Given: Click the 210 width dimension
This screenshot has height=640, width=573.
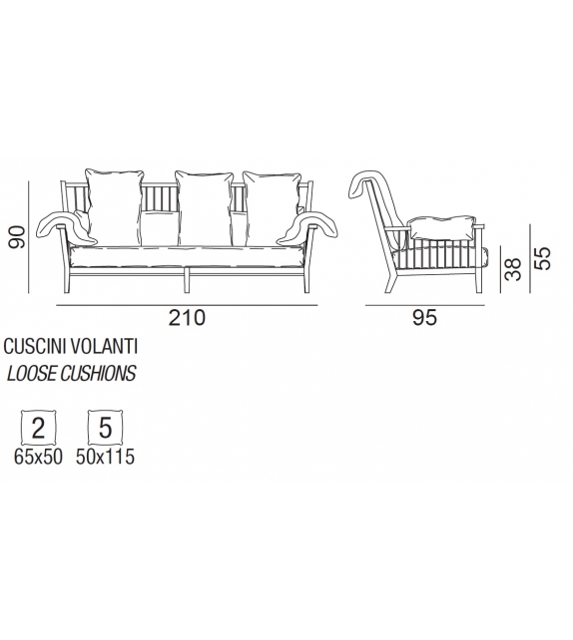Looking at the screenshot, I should [186, 319].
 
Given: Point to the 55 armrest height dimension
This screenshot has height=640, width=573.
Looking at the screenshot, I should [542, 258].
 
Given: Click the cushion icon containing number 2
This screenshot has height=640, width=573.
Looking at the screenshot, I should [38, 429].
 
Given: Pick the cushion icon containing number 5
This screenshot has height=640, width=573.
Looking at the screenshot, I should [105, 429].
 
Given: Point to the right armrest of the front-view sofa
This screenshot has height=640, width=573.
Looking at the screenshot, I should [311, 224].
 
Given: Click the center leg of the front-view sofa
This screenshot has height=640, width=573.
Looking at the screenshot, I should [186, 277].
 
